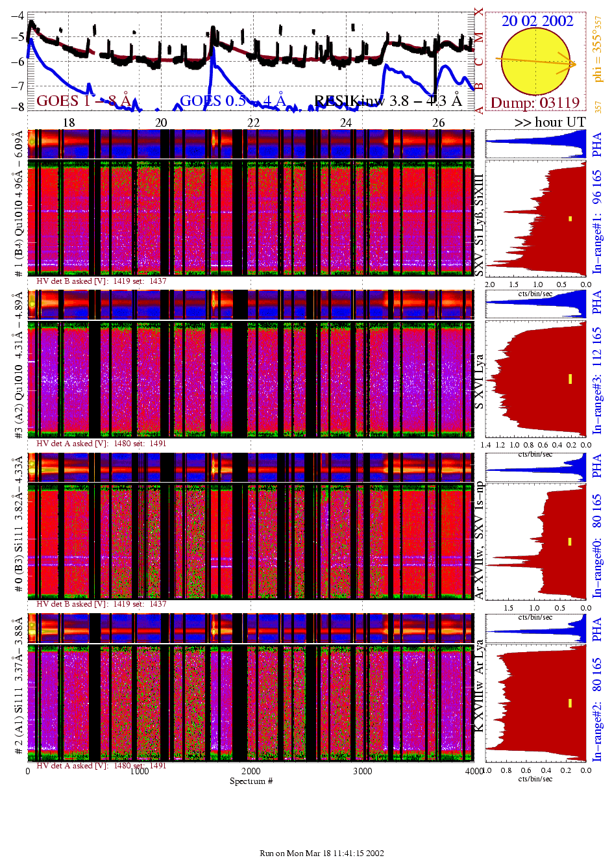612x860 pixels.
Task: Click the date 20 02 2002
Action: point(537,21)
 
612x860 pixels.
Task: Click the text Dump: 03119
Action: point(535,103)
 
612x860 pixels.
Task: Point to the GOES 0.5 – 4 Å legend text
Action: point(232,101)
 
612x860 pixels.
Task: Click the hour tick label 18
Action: point(69,122)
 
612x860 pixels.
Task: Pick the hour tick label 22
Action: point(253,122)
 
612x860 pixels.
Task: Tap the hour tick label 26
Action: point(439,122)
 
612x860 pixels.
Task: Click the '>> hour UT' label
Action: point(550,122)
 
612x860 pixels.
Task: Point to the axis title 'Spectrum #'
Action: point(251,781)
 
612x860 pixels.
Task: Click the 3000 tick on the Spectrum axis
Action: point(362,771)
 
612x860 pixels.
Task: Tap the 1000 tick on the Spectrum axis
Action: point(140,771)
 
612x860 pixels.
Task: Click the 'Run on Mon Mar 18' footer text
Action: point(322,853)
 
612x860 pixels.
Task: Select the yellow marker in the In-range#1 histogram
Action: point(570,219)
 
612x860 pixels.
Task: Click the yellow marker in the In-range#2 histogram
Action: point(570,703)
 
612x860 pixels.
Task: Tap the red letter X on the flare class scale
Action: point(479,12)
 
